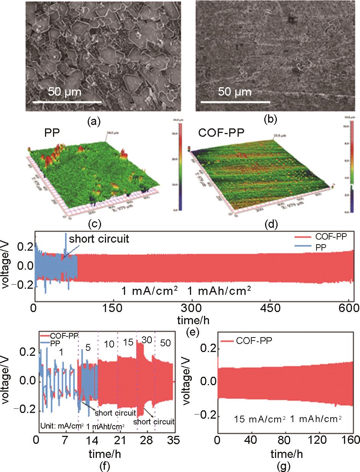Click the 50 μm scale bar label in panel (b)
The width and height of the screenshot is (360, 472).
point(235,92)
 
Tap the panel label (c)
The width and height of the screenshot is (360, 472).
point(94,225)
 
